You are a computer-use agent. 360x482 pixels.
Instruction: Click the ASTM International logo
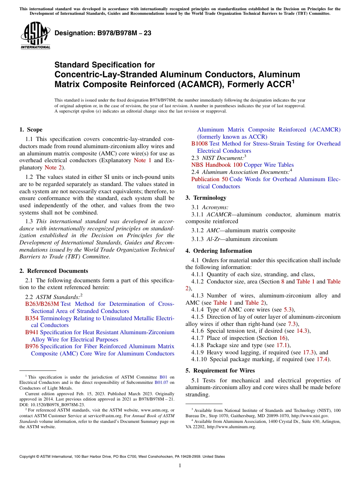35,35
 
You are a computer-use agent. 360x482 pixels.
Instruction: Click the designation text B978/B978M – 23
103,33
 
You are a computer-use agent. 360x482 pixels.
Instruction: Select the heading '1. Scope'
31,130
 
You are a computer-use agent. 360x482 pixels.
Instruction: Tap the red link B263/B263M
42,304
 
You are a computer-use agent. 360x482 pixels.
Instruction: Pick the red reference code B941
32,332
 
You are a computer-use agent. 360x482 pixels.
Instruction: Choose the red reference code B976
32,346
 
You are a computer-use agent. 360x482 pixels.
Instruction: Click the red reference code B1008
199,144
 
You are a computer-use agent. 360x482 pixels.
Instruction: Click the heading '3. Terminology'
206,198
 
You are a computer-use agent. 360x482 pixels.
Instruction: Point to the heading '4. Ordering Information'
219,251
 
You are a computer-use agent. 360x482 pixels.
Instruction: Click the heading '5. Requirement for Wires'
220,371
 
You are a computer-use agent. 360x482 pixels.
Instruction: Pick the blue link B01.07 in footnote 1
161,382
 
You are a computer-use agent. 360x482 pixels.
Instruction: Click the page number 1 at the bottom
180,466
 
